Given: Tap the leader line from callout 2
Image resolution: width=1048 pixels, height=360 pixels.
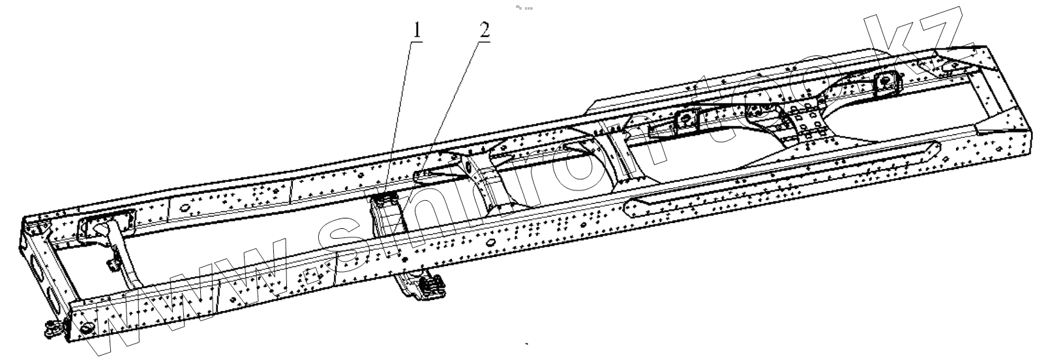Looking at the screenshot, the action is point(457,98).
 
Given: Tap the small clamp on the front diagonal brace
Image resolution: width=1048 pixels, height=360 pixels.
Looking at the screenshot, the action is point(112,264).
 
